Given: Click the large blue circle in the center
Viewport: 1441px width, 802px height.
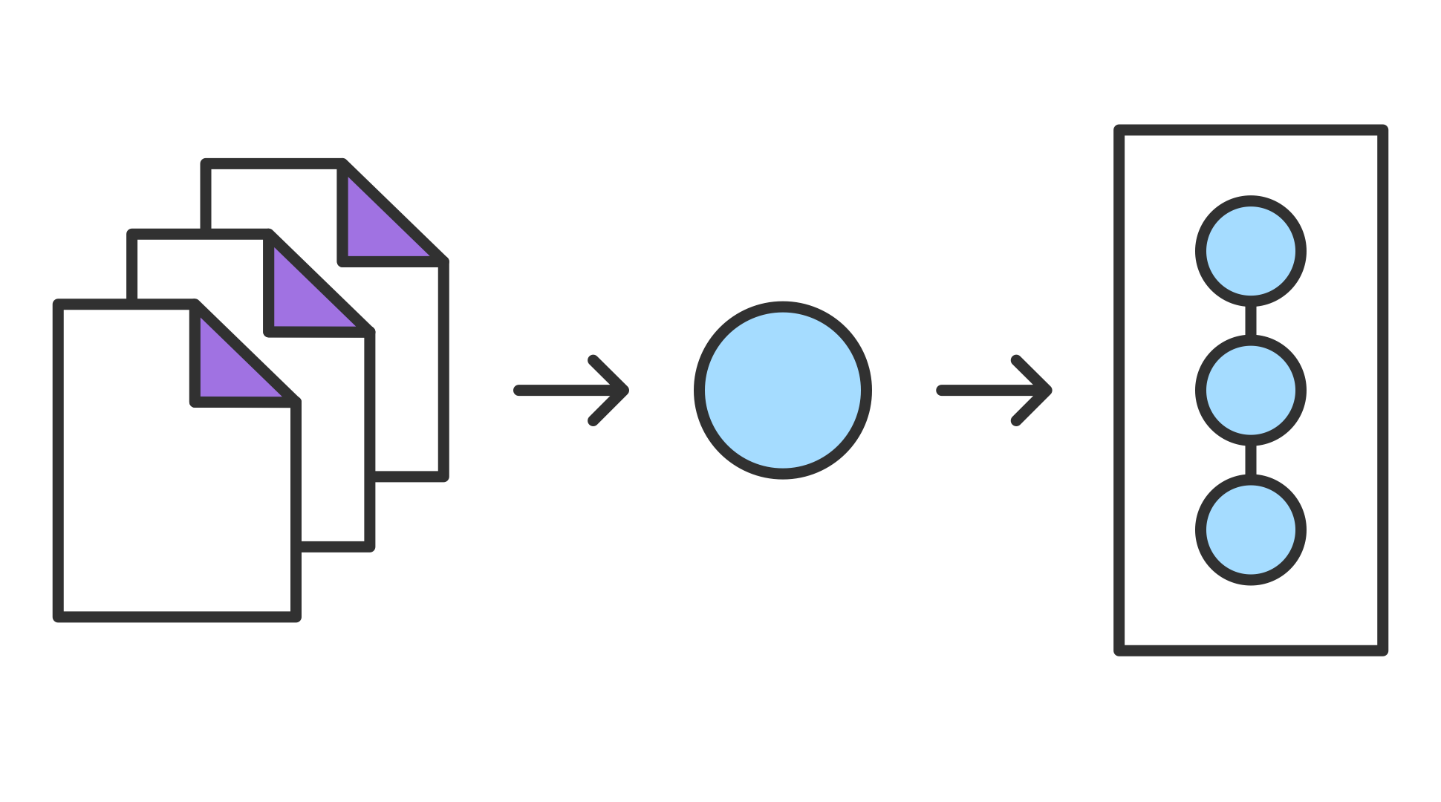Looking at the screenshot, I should tap(783, 391).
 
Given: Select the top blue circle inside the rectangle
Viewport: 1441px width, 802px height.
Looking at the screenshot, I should tap(1251, 252).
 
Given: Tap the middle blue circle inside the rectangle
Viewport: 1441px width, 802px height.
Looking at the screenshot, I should tap(1251, 391).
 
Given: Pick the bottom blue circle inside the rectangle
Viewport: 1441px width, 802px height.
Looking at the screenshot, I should tap(1251, 529).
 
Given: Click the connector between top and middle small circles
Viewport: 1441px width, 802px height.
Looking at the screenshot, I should tap(1251, 321).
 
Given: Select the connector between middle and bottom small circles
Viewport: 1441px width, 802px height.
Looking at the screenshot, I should tap(1251, 460).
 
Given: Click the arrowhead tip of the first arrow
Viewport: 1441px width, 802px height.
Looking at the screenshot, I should tap(626, 391).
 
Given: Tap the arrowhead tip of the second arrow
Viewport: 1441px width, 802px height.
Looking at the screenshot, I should tap(1049, 391).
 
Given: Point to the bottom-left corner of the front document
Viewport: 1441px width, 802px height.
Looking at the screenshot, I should tap(59, 616).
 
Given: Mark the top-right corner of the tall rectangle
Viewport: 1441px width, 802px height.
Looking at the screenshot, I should tap(1382, 130).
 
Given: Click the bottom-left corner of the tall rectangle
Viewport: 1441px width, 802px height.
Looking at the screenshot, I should tap(1119, 651).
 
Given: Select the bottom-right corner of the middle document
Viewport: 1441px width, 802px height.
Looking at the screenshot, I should tap(369, 547).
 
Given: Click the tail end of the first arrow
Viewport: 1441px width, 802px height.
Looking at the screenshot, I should tap(518, 391).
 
